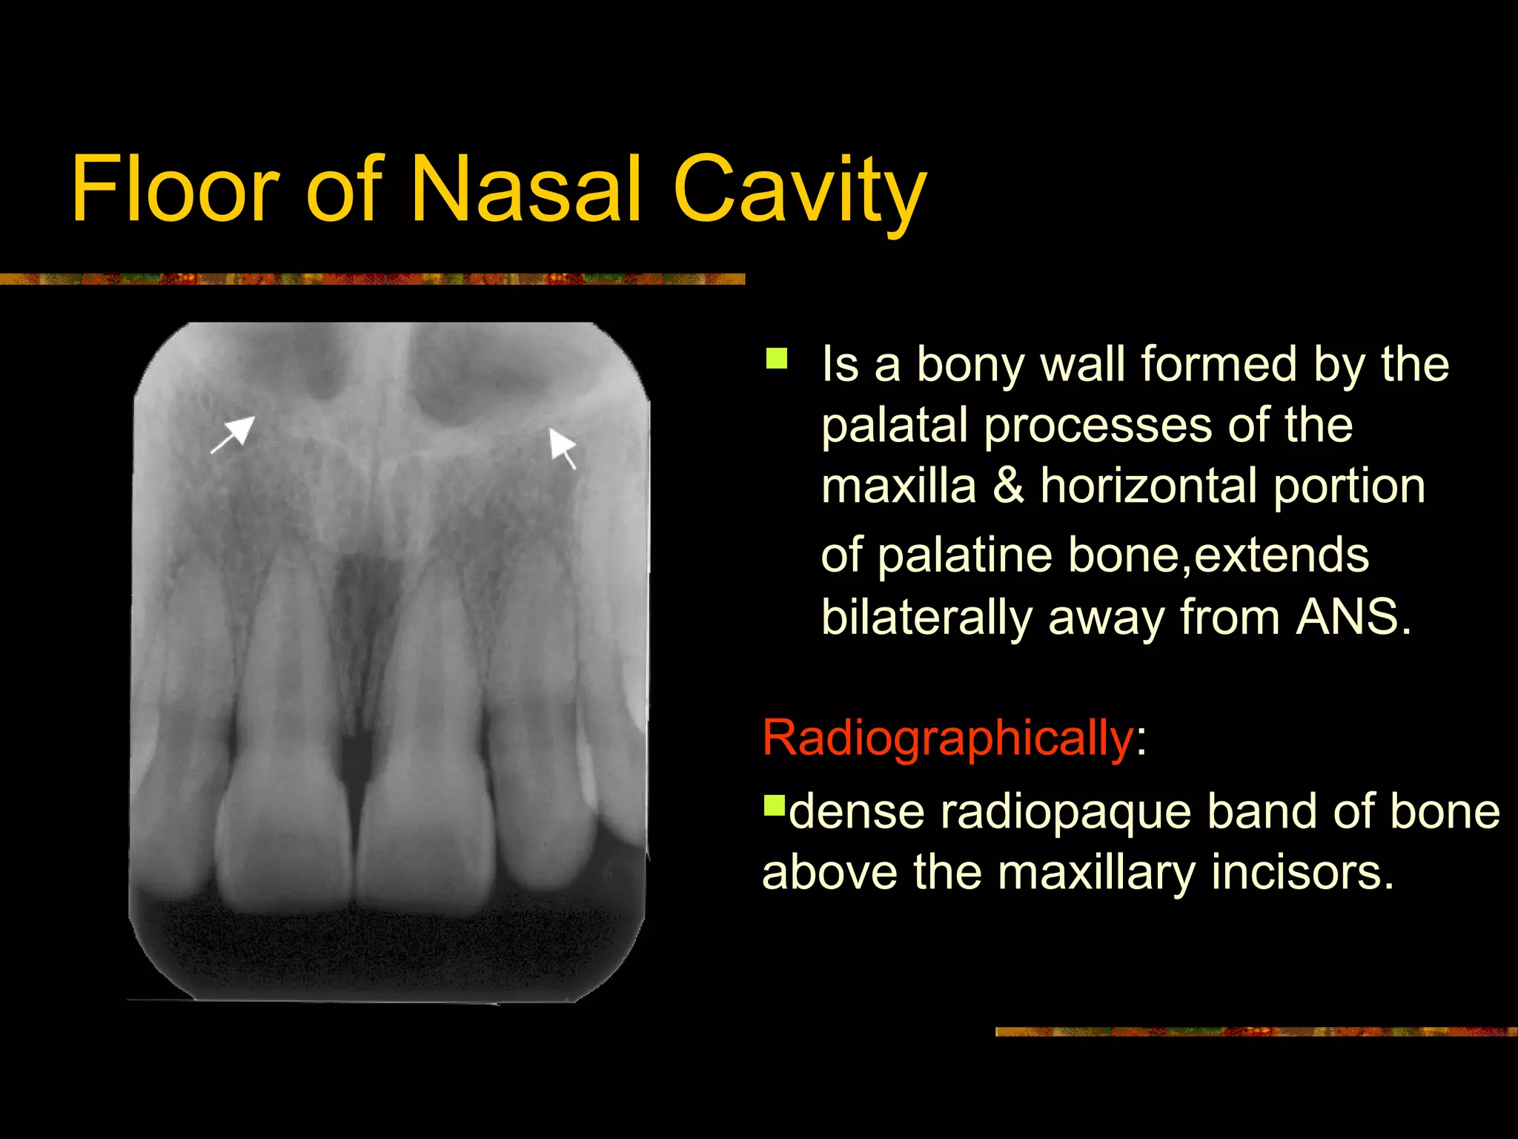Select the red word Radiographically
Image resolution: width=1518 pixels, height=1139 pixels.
(x=947, y=738)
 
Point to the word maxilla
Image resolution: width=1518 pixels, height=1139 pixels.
(x=898, y=486)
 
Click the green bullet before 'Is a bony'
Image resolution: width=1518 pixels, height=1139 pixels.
(x=777, y=359)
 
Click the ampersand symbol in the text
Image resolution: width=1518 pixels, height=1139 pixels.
(x=1008, y=486)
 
